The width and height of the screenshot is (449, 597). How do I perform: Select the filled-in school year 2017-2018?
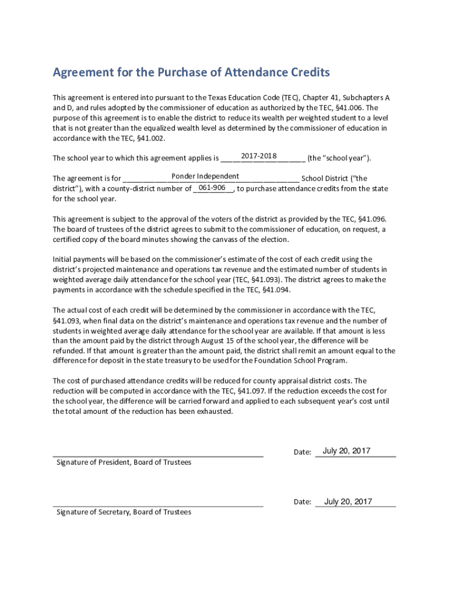tap(259, 156)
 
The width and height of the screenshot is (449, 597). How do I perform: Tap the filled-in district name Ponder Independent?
tap(205, 176)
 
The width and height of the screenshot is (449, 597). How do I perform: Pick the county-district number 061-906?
tap(212, 187)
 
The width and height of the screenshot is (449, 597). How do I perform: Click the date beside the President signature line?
tap(346, 451)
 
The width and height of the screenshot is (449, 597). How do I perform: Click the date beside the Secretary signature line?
tap(348, 501)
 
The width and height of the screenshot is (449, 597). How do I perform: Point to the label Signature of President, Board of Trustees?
tap(124, 462)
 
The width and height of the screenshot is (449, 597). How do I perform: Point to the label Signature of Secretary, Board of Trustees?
tap(124, 512)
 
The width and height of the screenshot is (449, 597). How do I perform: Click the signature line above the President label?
tap(158, 455)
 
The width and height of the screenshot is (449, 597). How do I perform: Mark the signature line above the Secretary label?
tap(158, 505)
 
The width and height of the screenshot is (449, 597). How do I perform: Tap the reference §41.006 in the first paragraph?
tap(348, 108)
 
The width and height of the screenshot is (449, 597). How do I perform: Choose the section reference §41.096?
tap(371, 219)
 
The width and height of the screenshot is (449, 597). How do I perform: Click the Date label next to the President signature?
tap(302, 452)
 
